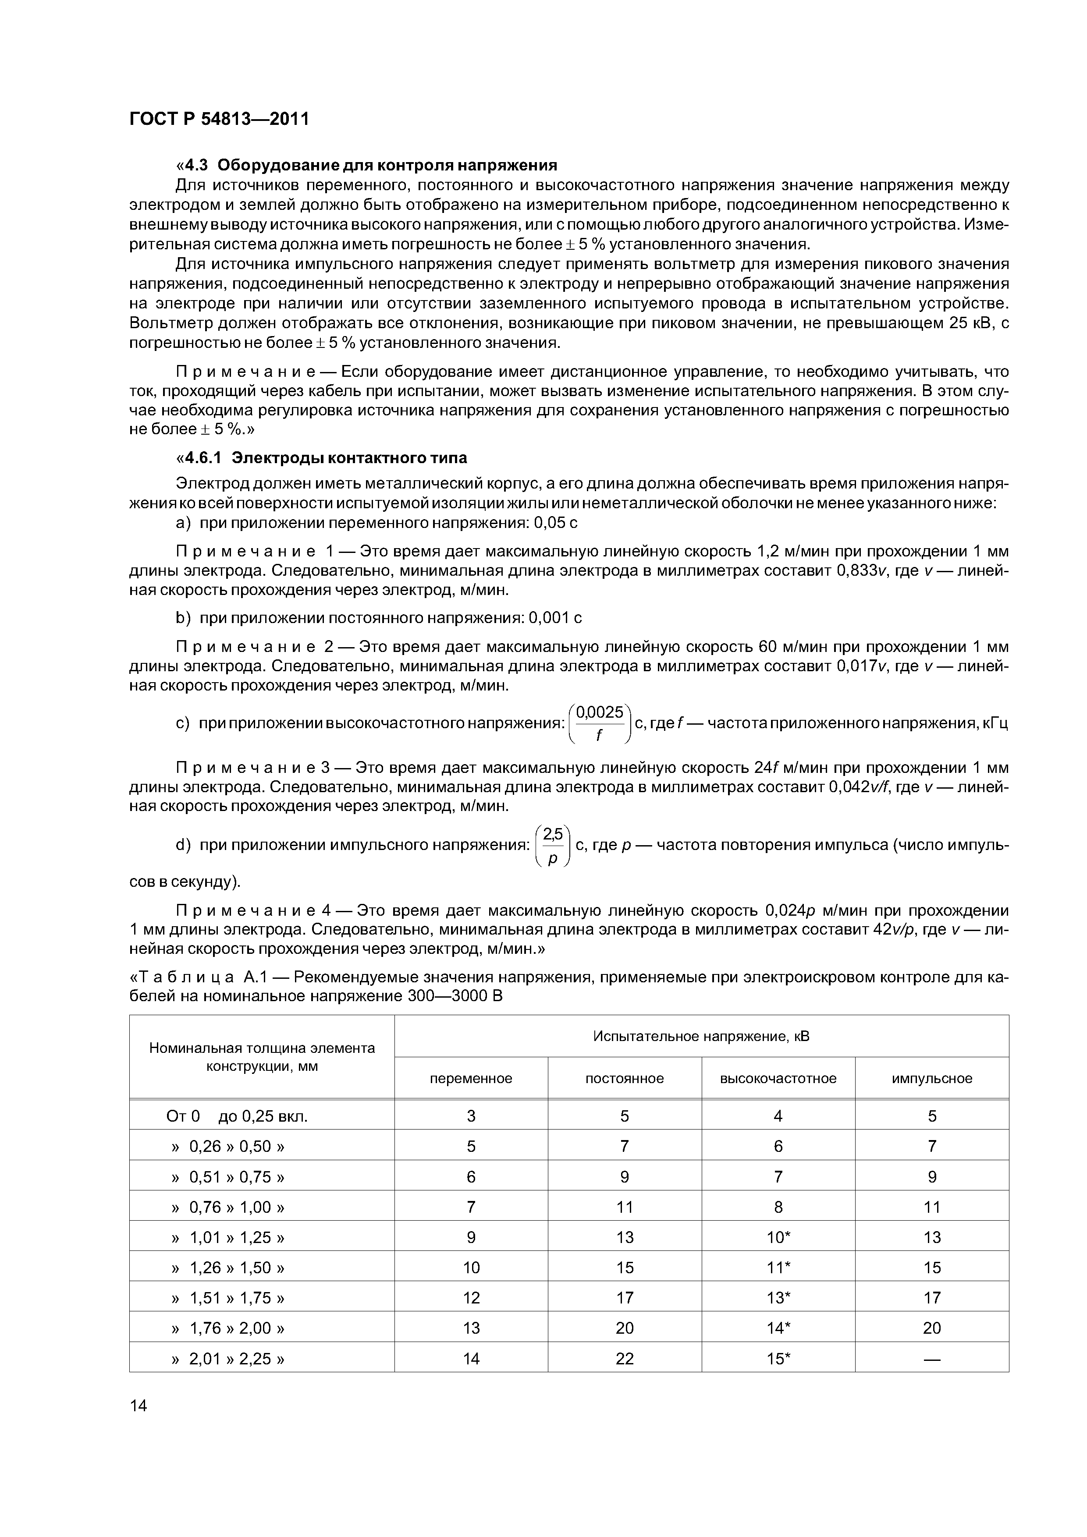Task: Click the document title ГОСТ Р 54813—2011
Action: [x=219, y=120]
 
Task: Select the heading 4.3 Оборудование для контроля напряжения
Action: [x=366, y=165]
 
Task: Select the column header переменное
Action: [x=471, y=1078]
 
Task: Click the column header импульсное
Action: [x=931, y=1078]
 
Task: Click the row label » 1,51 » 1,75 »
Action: [x=228, y=1298]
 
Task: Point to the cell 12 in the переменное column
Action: [x=471, y=1298]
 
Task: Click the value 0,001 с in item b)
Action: [x=555, y=618]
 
